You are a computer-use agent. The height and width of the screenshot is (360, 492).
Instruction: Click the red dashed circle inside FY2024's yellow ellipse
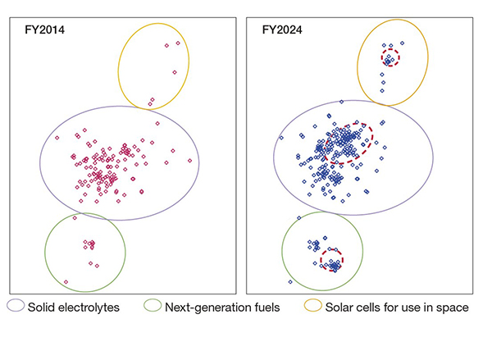390,57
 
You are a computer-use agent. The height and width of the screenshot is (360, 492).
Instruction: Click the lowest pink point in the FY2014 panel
66,281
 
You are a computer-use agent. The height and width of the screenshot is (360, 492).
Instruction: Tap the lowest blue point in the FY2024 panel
290,281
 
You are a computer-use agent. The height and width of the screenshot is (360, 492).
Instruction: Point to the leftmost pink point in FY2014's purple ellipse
57,138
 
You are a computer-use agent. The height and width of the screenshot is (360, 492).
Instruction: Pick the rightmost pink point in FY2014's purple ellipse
189,160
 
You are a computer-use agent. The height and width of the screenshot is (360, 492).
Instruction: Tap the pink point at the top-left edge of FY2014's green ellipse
75,218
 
